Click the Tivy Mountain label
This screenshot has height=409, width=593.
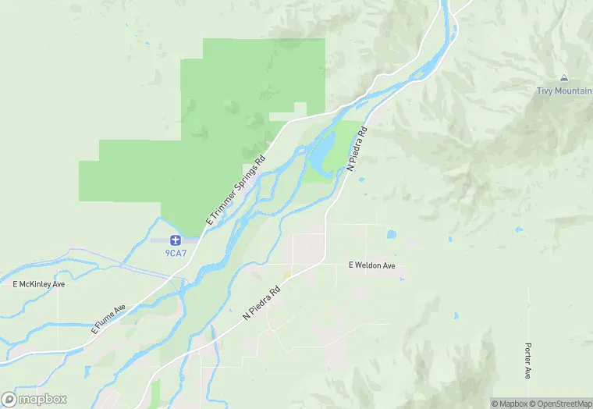(563, 91)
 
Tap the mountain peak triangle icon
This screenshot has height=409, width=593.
(563, 78)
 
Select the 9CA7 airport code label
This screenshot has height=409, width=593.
(175, 252)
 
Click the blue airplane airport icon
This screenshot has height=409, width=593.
(175, 240)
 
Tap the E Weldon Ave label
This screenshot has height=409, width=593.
(372, 266)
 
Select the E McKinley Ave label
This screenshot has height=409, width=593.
(38, 284)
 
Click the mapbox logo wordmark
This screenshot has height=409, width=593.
(42, 399)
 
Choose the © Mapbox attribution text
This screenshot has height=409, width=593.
(510, 404)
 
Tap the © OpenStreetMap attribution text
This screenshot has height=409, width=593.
(561, 404)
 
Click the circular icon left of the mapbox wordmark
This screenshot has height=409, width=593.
(9, 399)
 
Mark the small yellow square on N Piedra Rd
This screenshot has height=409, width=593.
(286, 274)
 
